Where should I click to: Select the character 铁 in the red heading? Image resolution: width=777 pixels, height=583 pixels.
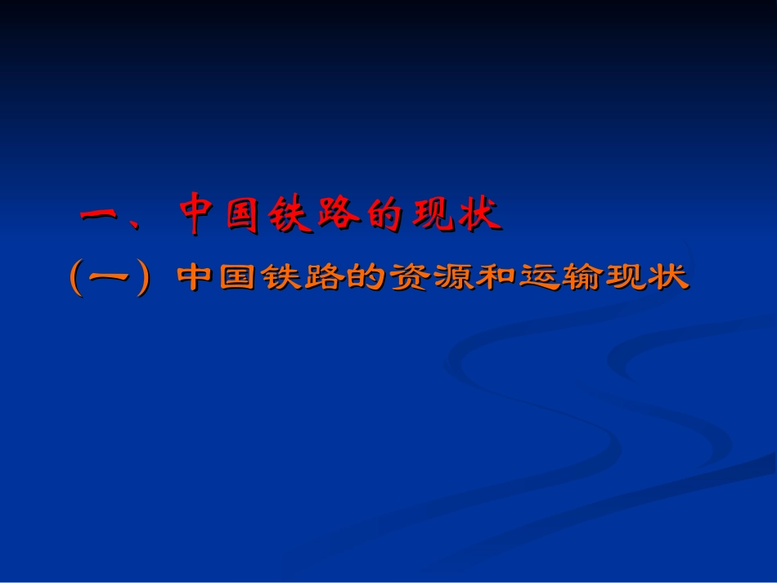tap(290, 214)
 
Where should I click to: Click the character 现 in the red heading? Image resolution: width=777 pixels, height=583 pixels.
tap(430, 214)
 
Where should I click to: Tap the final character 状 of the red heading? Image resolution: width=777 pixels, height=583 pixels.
tap(476, 214)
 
